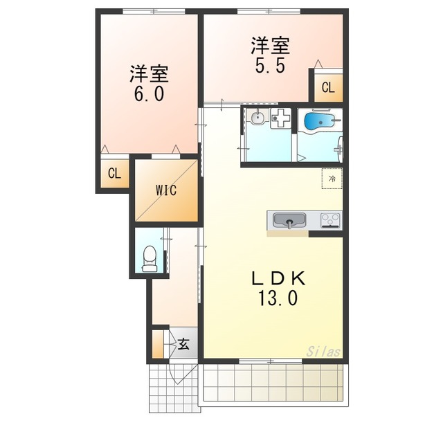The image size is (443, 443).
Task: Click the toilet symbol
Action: pyautogui.click(x=150, y=258)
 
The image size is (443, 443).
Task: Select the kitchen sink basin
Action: pyautogui.click(x=289, y=220)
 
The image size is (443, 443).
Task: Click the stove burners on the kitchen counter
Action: pyautogui.click(x=331, y=220)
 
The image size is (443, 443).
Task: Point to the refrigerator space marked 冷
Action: pyautogui.click(x=332, y=179)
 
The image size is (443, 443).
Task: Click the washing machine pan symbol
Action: pyautogui.click(x=281, y=118)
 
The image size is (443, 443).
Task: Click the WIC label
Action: pyautogui.click(x=166, y=190)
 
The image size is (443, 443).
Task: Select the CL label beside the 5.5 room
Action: pyautogui.click(x=328, y=87)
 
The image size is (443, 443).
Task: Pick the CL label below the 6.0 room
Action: pyautogui.click(x=114, y=173)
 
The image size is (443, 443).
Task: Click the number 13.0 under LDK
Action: pyautogui.click(x=278, y=298)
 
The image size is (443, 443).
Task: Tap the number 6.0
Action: pyautogui.click(x=149, y=94)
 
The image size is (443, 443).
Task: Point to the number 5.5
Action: pyautogui.click(x=270, y=66)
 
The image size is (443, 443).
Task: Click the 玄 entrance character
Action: pyautogui.click(x=183, y=344)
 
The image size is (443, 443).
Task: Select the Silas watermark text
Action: pyautogui.click(x=323, y=352)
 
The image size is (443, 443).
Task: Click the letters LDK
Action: pyautogui.click(x=279, y=278)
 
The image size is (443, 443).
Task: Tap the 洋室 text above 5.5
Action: pyautogui.click(x=271, y=46)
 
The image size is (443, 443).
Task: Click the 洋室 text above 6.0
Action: pyautogui.click(x=150, y=74)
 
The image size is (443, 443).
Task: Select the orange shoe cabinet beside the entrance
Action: pyautogui.click(x=158, y=344)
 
